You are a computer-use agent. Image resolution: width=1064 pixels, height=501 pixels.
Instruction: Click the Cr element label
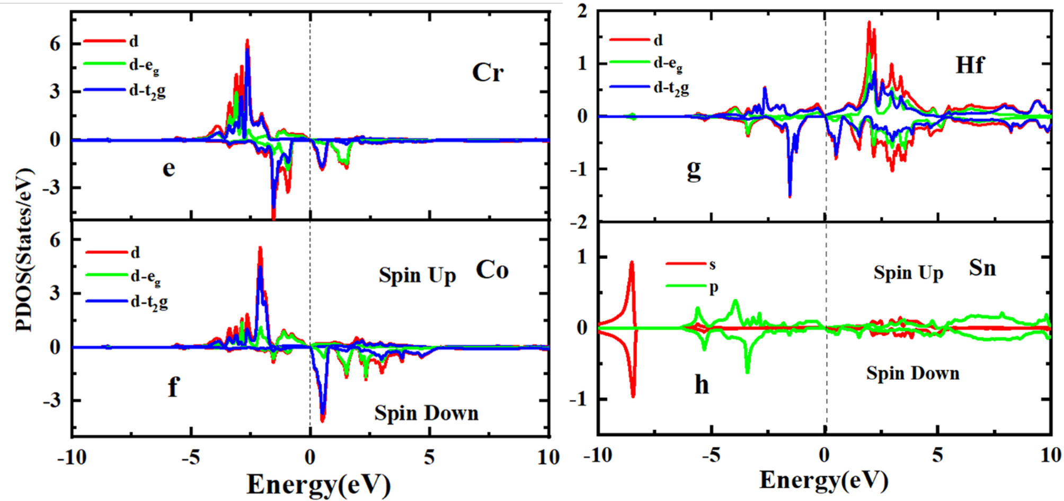[x=487, y=73]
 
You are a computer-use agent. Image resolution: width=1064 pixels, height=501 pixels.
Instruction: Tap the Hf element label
[x=970, y=65]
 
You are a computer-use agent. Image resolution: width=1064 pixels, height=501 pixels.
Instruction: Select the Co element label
[x=492, y=270]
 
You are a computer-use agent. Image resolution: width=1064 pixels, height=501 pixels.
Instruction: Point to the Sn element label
[x=982, y=268]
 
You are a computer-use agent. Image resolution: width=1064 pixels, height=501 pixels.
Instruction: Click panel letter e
[x=169, y=169]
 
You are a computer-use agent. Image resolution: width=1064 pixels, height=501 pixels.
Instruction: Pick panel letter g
[x=694, y=170]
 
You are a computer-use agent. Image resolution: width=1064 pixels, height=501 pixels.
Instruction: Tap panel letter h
[x=702, y=384]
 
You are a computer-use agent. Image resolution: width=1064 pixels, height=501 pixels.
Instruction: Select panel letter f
[x=173, y=387]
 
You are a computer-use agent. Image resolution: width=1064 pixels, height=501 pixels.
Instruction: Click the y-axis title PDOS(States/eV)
[x=24, y=249]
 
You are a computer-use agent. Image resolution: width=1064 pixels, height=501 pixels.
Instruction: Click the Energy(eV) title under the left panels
[x=318, y=484]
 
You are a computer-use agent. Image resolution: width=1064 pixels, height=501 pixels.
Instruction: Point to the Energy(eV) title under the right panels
[x=823, y=479]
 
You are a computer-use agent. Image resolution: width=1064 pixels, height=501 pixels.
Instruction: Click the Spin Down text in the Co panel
[x=426, y=413]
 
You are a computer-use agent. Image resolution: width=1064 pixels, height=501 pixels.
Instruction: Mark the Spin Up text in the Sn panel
[x=908, y=273]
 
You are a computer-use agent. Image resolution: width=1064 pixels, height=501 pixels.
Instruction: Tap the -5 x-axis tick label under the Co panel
[x=190, y=457]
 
